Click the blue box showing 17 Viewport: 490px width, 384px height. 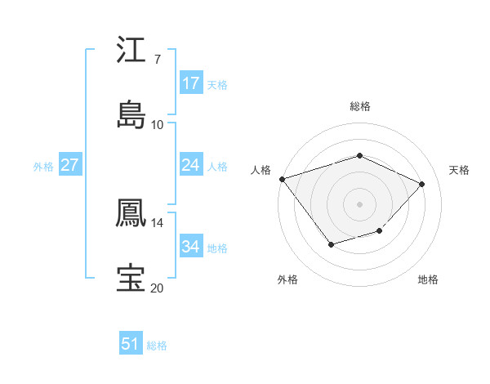tap(191, 83)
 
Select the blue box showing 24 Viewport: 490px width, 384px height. tap(191, 165)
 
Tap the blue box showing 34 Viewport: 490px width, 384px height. tap(191, 247)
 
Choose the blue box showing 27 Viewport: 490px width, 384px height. tap(70, 165)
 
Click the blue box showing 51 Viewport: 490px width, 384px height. tap(131, 344)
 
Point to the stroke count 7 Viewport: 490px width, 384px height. tap(157, 60)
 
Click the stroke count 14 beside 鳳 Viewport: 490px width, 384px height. tap(157, 223)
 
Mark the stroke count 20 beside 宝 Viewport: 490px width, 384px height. tap(157, 288)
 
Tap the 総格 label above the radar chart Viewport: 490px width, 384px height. tap(359, 106)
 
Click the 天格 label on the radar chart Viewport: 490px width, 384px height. tap(459, 170)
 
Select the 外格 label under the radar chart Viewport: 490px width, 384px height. tap(287, 279)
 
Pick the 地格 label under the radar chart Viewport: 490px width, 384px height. tap(428, 279)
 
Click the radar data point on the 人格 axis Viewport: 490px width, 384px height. tap(282, 179)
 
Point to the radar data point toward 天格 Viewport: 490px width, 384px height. tap(421, 184)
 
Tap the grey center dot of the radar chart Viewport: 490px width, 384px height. tap(359, 203)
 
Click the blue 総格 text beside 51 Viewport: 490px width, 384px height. tap(157, 346)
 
